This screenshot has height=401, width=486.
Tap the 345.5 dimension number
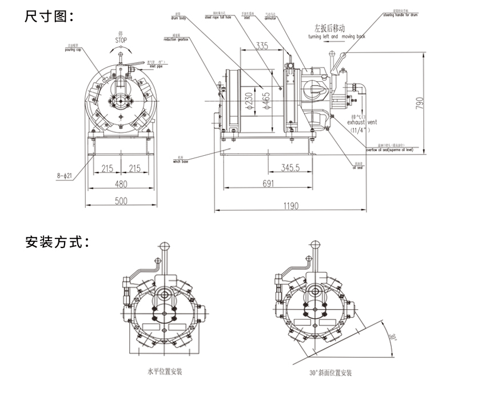click(x=291, y=168)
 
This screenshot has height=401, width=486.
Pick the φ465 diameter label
click(x=266, y=102)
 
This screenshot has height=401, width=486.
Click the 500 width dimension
click(x=121, y=200)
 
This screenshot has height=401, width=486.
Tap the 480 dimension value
click(x=121, y=184)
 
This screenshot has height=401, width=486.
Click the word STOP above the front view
click(x=120, y=41)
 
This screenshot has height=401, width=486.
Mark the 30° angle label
click(x=393, y=336)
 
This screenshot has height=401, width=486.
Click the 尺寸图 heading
click(x=49, y=15)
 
